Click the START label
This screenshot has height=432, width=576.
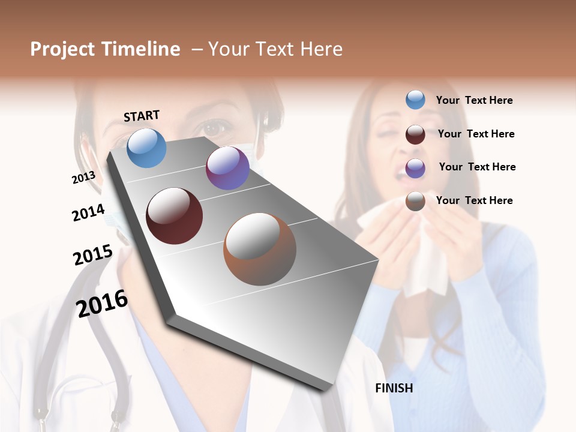142,115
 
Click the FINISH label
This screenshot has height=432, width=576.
394,388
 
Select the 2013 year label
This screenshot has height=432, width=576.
83,178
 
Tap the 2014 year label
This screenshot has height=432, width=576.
88,212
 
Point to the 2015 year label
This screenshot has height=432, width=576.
92,255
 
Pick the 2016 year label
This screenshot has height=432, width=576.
101,303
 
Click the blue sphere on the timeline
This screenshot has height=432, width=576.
147,148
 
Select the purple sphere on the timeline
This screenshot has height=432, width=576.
227,168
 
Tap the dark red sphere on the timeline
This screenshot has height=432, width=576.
175,216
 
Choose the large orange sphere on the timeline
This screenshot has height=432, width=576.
260,249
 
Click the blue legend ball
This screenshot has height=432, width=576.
415,100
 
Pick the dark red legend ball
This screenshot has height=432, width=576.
415,134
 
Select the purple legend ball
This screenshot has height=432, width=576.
415,168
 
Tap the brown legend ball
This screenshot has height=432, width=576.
415,201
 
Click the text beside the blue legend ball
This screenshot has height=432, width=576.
474,100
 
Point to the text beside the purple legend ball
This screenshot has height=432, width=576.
477,167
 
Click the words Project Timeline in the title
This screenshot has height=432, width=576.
105,49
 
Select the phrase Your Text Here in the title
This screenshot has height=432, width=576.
275,49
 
